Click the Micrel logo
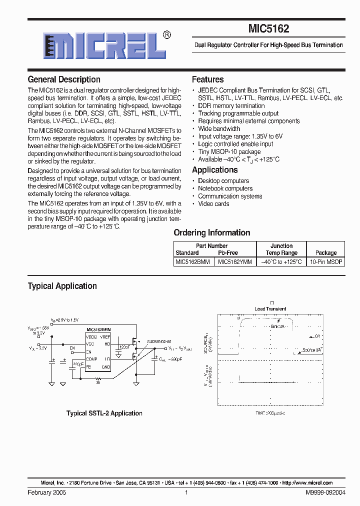pos(104,45)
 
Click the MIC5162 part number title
pos(268,29)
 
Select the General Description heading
pos(64,79)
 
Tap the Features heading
pos(207,79)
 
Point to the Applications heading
pos(215,170)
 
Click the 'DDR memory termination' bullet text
pos(231,106)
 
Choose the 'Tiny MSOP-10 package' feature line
pos(229,151)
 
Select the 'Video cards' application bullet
pos(213,203)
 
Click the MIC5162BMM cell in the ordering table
pos(192,261)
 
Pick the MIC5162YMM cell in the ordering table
pos(235,261)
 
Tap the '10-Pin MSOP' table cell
pos(326,261)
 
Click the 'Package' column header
pos(326,253)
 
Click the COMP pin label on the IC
pos(91,359)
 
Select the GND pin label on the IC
pos(105,367)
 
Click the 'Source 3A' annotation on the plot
pos(312,350)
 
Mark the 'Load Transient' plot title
pos(270,308)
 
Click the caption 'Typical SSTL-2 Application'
pos(104,413)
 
